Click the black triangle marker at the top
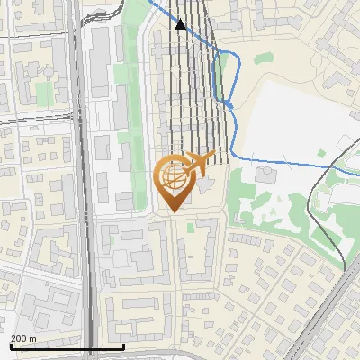pos(181,25)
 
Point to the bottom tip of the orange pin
pos(172,212)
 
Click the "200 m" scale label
pos(23,338)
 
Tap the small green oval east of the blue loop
pos(262,59)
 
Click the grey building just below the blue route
pos(267,175)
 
